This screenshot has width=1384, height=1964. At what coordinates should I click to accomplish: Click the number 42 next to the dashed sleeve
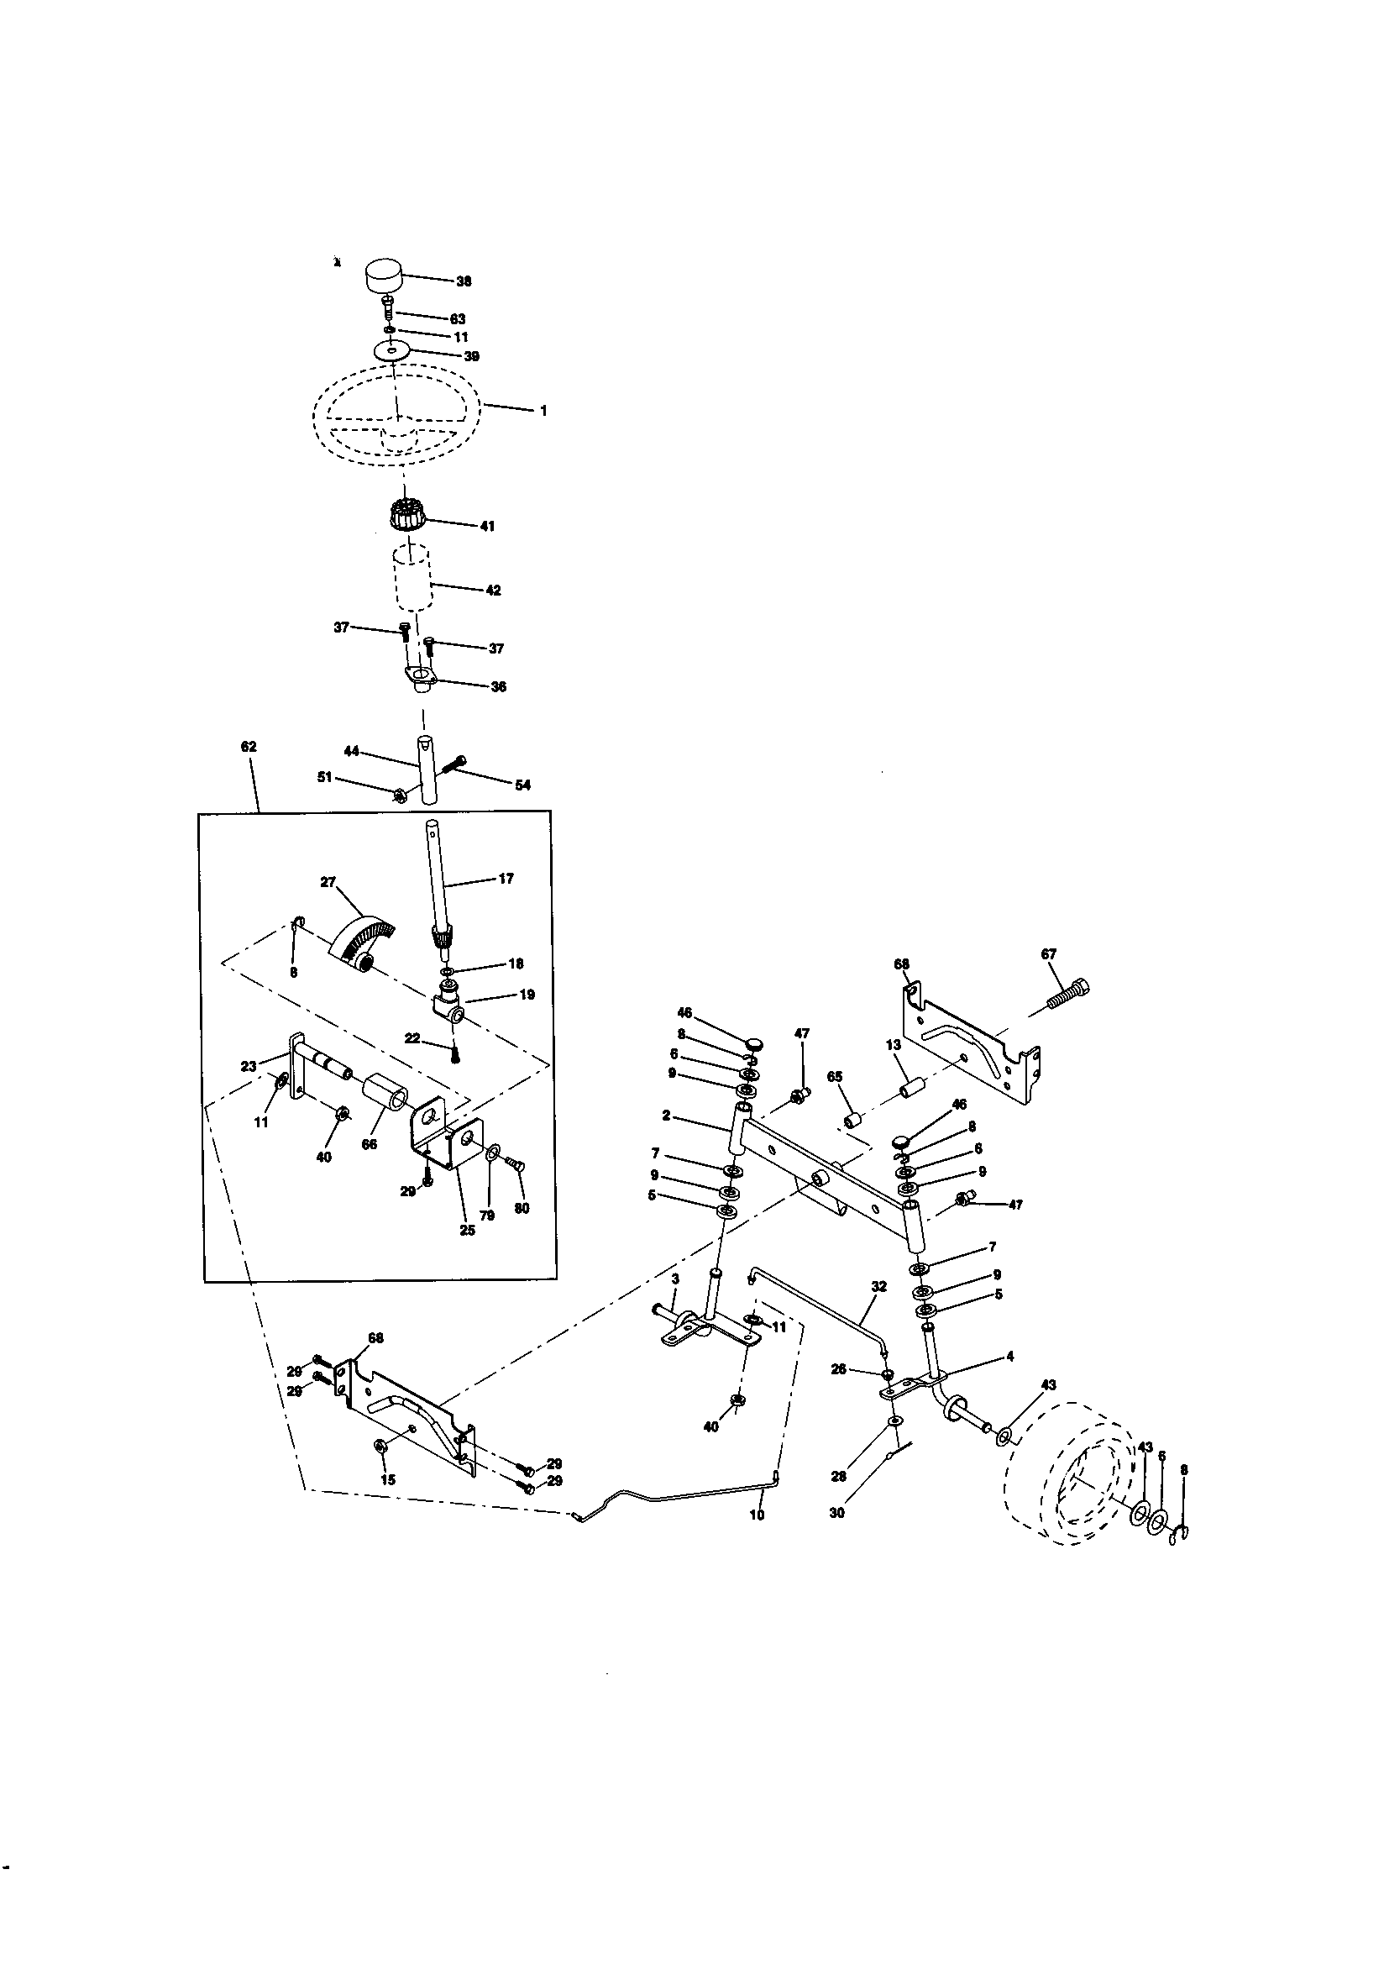[x=493, y=591]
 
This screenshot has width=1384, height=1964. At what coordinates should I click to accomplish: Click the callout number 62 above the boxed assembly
[x=248, y=747]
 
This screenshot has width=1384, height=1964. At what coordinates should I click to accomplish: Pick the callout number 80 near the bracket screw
[x=522, y=1209]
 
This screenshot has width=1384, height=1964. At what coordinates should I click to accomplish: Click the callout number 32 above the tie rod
[x=879, y=1285]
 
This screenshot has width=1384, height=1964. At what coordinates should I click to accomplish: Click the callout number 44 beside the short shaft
[x=351, y=751]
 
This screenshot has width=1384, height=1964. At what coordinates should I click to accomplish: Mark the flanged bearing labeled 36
[x=419, y=682]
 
